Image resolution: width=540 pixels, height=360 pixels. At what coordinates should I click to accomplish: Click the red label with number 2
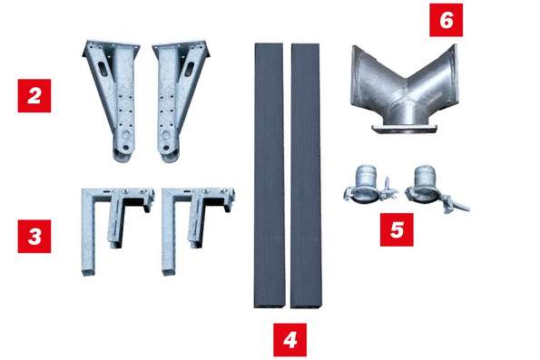(x=34, y=96)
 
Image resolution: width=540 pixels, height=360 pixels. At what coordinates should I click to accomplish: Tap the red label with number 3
(x=34, y=237)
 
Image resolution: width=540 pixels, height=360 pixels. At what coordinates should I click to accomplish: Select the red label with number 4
(x=290, y=340)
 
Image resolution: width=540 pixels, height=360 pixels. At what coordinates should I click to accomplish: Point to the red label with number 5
(x=397, y=229)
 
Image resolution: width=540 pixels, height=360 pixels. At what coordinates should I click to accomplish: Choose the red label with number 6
(x=446, y=20)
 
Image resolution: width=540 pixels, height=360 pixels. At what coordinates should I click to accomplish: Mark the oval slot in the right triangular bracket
(x=190, y=68)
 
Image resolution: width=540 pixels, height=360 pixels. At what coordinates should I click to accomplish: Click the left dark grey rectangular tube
(x=270, y=176)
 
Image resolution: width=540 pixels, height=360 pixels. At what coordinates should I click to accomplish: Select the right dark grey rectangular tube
(x=306, y=176)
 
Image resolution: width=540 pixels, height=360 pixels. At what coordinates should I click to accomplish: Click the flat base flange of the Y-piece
(x=404, y=129)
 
